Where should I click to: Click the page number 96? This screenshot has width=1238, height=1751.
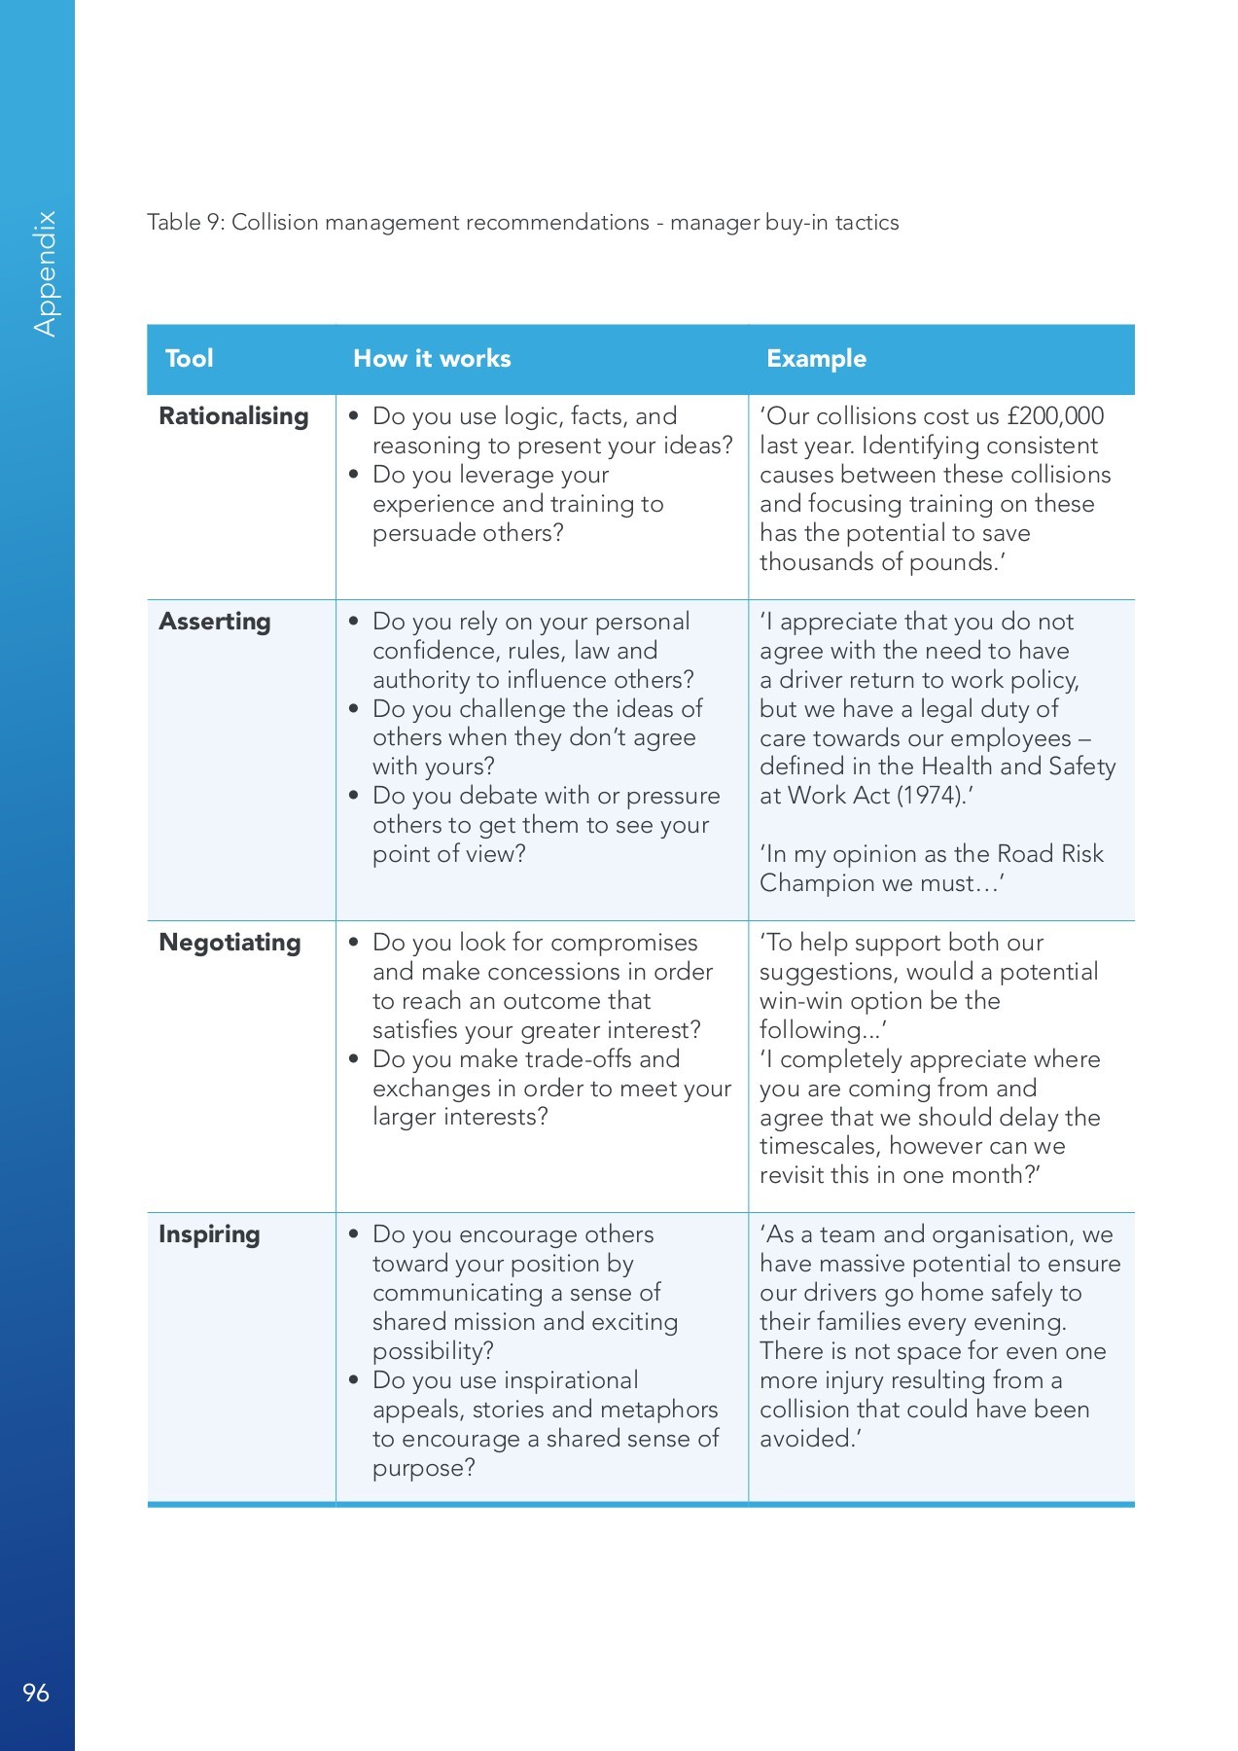point(36,1693)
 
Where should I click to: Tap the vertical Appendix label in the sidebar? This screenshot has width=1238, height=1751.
point(45,274)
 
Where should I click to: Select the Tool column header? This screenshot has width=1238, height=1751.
point(189,359)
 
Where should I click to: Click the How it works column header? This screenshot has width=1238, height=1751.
point(432,359)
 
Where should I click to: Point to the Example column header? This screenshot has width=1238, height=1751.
point(816,359)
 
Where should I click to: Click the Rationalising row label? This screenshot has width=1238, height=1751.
point(233,416)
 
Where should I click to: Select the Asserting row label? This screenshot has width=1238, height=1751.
point(215,622)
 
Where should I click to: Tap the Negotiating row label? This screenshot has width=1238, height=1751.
point(230,943)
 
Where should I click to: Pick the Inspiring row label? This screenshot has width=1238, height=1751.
point(209,1234)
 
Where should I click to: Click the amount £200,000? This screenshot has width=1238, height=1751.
point(1055,416)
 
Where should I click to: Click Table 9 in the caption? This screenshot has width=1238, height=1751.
point(186,223)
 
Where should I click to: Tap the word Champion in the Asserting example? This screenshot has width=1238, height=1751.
point(814,883)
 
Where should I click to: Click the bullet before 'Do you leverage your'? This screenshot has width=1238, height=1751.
point(354,475)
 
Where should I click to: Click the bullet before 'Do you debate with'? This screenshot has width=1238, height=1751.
point(354,796)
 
